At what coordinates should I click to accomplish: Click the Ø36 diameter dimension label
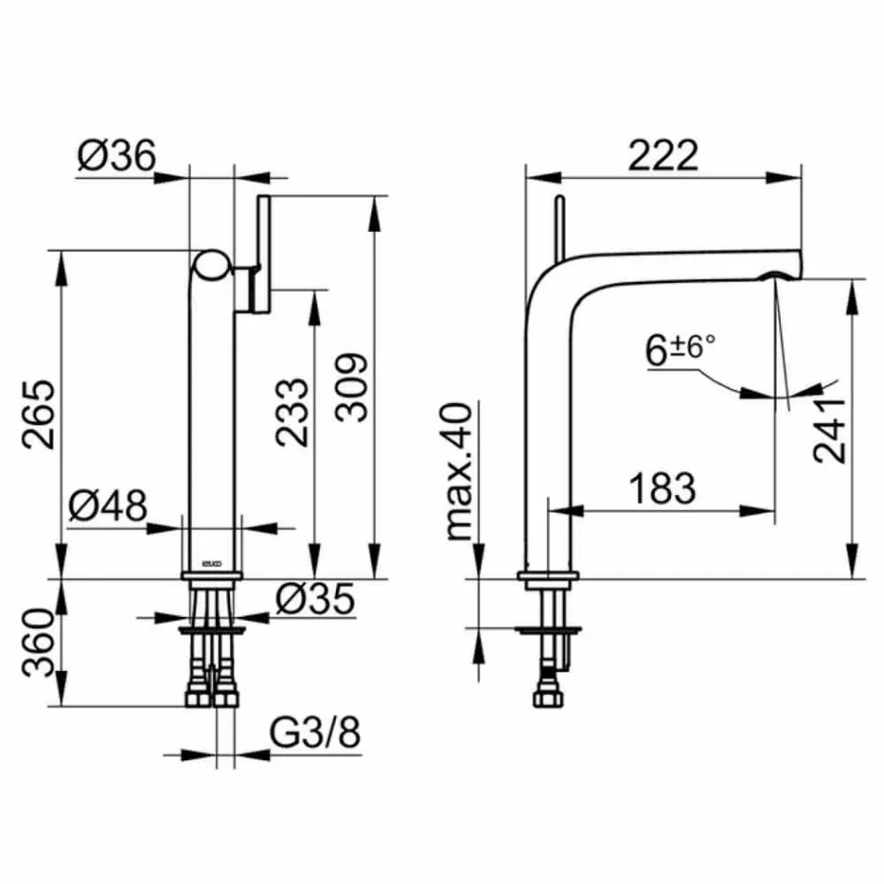[x=116, y=155]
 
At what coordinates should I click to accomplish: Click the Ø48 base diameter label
[x=108, y=507]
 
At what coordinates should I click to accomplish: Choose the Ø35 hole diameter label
[x=315, y=600]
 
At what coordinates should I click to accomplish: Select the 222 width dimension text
[x=662, y=155]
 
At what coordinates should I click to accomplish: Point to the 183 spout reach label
[x=662, y=488]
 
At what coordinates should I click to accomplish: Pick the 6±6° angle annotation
[x=680, y=350]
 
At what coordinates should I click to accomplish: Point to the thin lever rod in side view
[x=559, y=228]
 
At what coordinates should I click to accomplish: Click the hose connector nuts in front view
[x=212, y=696]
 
